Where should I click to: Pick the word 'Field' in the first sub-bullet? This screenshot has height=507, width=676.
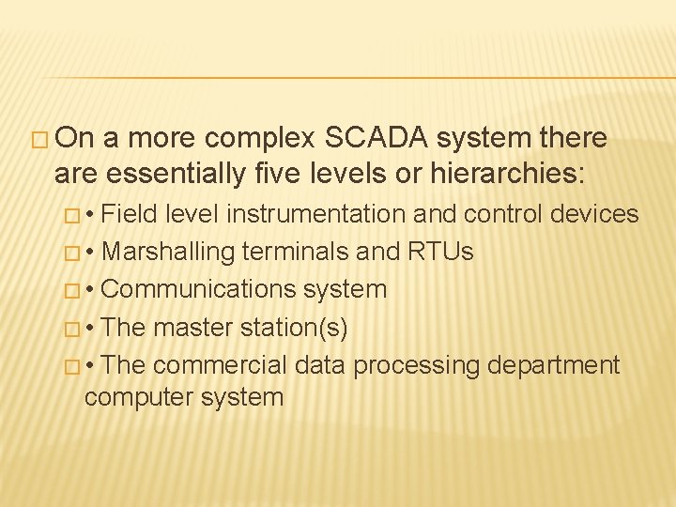pyautogui.click(x=130, y=214)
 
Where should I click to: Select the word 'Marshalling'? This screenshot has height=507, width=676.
pyautogui.click(x=168, y=252)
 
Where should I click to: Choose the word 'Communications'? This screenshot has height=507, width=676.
pyautogui.click(x=192, y=289)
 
